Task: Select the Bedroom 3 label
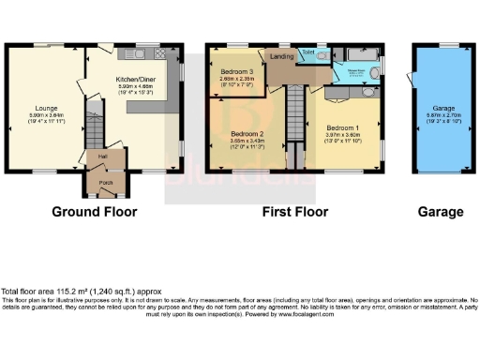236,72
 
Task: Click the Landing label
282,57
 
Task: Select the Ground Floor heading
89,213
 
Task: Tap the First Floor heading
293,213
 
